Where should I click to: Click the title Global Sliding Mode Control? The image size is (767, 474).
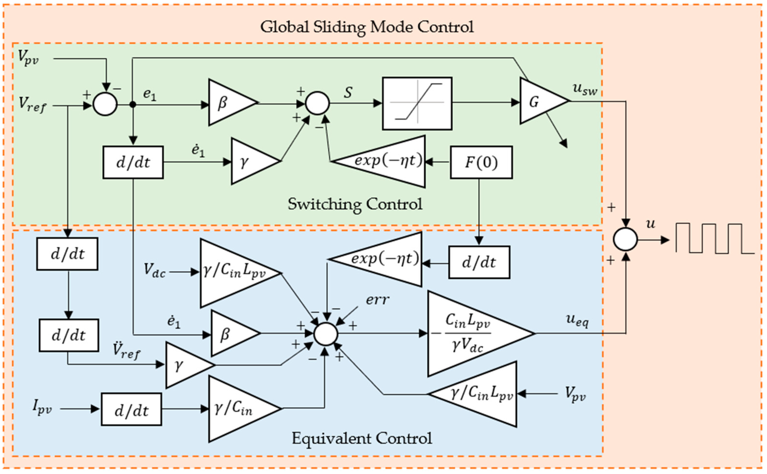[x=367, y=27]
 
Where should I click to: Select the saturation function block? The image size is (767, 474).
[x=417, y=103]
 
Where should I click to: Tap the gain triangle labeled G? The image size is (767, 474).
[x=539, y=101]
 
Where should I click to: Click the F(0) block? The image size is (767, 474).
[x=481, y=162]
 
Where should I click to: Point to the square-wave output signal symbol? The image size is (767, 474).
[x=713, y=239]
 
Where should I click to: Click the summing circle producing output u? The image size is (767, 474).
[x=625, y=239]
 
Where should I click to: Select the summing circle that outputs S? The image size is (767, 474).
[x=317, y=103]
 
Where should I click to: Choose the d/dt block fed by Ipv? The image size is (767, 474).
[x=131, y=409]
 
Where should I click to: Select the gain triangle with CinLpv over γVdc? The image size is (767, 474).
[x=470, y=333]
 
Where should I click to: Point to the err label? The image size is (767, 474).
[x=377, y=300]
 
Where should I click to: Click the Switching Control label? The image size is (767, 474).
[x=355, y=205]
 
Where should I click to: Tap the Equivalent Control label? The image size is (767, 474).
[x=361, y=438]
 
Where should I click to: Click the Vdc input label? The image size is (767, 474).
[x=154, y=270]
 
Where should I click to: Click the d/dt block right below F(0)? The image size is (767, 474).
[x=479, y=262]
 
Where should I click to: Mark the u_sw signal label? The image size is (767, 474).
[x=585, y=89]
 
